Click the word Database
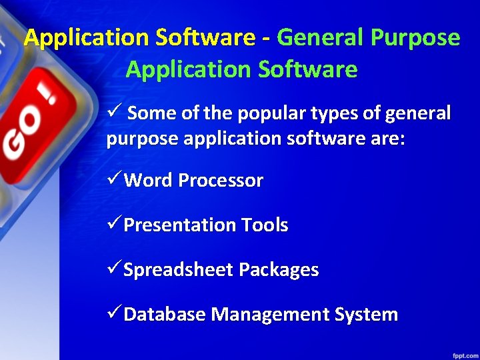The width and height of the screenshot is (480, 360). [165, 315]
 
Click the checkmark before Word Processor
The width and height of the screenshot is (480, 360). [114, 179]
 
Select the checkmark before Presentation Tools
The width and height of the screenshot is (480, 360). [114, 224]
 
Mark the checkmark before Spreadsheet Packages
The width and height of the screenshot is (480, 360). [114, 269]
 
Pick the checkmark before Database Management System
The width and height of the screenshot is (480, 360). [114, 313]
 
